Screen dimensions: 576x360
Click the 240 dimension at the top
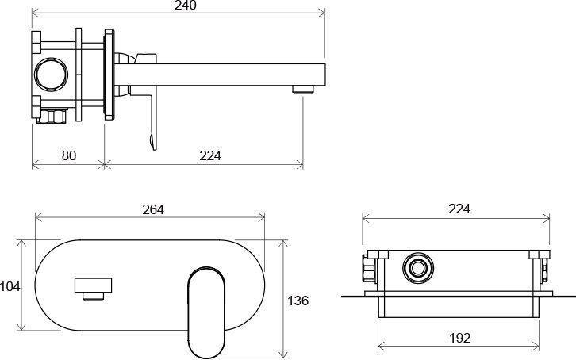click(x=186, y=5)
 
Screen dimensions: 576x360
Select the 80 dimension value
click(x=69, y=155)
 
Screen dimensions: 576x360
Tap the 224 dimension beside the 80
click(x=210, y=155)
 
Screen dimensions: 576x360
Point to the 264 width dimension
click(x=153, y=209)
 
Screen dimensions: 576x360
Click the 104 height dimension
click(x=10, y=286)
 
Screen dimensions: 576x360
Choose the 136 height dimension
click(x=298, y=301)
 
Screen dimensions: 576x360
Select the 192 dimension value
click(x=460, y=338)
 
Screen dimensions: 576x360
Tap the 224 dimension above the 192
click(x=459, y=209)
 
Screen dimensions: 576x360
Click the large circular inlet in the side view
click(x=51, y=74)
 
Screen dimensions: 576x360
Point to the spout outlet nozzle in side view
click(x=303, y=89)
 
